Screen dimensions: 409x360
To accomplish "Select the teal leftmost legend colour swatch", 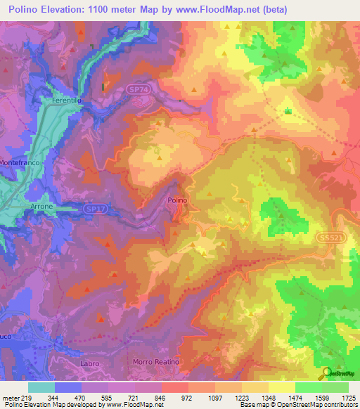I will coord(41,387).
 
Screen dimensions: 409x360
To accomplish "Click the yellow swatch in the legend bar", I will coord(281,387).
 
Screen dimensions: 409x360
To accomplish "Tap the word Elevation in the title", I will coord(58,9).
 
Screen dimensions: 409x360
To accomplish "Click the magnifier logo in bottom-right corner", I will coord(326,373).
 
